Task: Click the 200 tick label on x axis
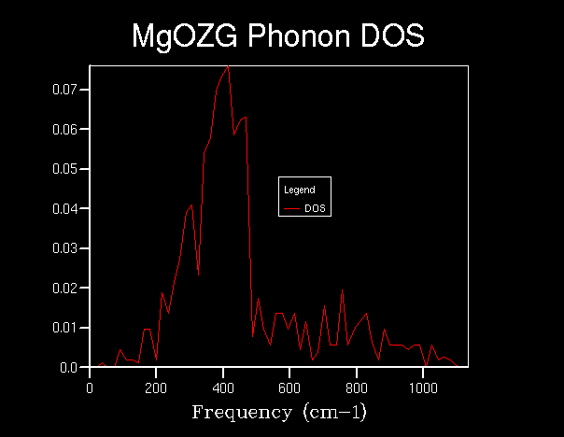157,387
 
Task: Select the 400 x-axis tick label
223,387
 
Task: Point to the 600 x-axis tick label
290,387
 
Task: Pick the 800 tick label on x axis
357,387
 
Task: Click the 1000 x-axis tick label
424,387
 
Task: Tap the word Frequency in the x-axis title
235,412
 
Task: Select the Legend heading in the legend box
299,190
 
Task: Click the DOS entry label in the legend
314,208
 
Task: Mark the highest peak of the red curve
228,66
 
